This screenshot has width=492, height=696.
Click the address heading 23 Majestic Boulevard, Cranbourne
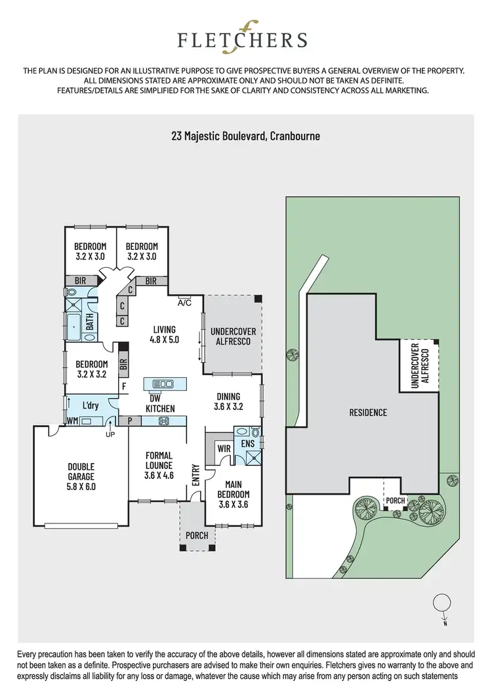click(245, 136)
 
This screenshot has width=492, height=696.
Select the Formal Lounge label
click(159, 465)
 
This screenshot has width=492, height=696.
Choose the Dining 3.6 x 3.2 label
click(228, 401)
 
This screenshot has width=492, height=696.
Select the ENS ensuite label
click(247, 444)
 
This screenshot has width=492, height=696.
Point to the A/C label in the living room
click(184, 302)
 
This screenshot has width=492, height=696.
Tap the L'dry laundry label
click(90, 405)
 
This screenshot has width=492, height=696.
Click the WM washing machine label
click(72, 420)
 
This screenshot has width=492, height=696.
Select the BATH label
click(90, 321)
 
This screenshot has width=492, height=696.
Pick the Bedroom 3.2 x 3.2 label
click(91, 369)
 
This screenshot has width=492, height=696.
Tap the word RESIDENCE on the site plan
click(367, 413)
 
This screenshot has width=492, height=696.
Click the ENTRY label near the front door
click(195, 475)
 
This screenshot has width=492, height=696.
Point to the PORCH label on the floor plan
click(197, 535)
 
